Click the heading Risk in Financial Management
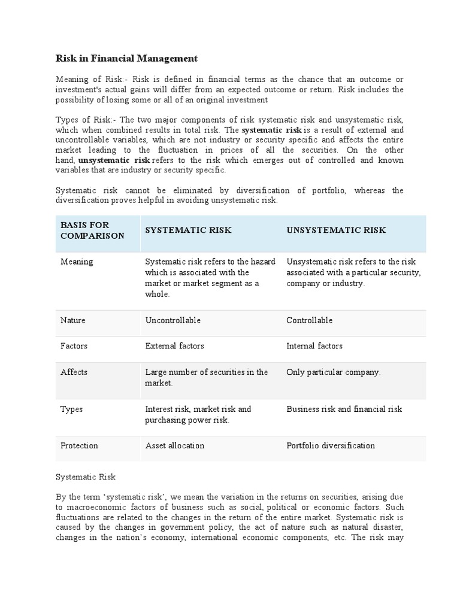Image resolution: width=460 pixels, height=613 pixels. point(126,58)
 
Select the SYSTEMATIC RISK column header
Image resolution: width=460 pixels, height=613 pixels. point(188,230)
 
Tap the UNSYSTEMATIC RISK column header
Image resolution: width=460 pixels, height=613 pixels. point(336,230)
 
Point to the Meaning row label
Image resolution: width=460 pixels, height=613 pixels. point(77,262)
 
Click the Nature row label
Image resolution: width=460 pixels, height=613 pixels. point(73,320)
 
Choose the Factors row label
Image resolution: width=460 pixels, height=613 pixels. point(74,346)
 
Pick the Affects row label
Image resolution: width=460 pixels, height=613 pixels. point(74,372)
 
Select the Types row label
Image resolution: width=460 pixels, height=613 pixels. point(72,409)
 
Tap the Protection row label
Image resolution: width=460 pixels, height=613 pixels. point(79,445)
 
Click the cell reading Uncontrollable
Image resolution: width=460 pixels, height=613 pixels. point(173,320)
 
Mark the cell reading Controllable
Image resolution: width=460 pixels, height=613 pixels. point(309,320)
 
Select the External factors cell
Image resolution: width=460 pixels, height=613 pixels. point(174,346)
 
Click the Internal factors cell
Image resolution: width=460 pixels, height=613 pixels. point(314,346)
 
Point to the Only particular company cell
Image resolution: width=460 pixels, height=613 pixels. point(333,372)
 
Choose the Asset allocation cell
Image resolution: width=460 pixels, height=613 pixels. point(175,445)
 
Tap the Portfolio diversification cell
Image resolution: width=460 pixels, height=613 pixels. point(331,445)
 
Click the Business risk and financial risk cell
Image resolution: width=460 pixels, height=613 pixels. point(344,409)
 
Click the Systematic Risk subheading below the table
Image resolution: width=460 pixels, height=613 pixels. point(86,477)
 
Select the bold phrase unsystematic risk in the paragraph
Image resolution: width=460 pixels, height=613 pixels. point(114,160)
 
